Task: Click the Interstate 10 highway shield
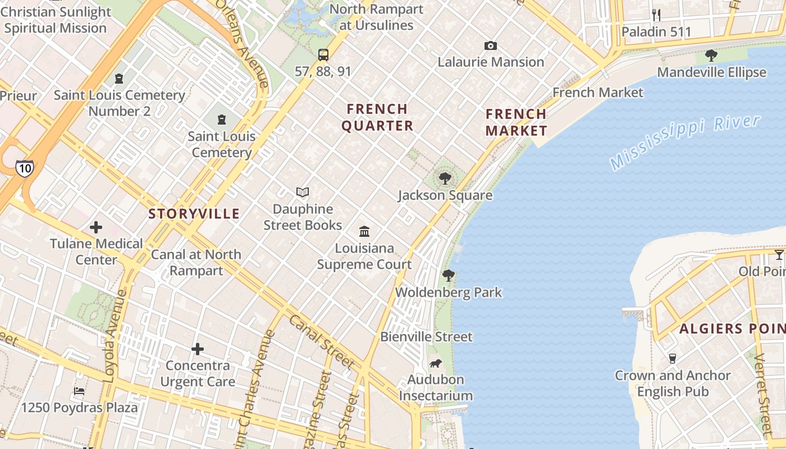pyautogui.click(x=24, y=168)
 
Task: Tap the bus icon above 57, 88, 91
pyautogui.click(x=323, y=54)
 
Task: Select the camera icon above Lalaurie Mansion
pyautogui.click(x=491, y=45)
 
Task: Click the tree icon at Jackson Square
pyautogui.click(x=445, y=178)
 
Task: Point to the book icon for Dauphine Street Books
pyautogui.click(x=303, y=193)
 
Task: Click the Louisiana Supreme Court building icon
pyautogui.click(x=364, y=231)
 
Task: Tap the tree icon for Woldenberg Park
pyautogui.click(x=448, y=275)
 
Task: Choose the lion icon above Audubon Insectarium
pyautogui.click(x=435, y=363)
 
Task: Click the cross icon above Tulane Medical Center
pyautogui.click(x=96, y=227)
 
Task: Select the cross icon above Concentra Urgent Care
pyautogui.click(x=198, y=349)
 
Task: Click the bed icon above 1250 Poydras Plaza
pyautogui.click(x=79, y=391)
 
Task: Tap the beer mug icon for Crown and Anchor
pyautogui.click(x=672, y=359)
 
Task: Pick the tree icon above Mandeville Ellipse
pyautogui.click(x=711, y=55)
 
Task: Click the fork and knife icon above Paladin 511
pyautogui.click(x=656, y=15)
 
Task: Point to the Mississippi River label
pyautogui.click(x=685, y=141)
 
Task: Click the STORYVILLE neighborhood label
pyautogui.click(x=194, y=214)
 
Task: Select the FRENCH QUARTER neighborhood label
pyautogui.click(x=377, y=117)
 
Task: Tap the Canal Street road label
pyautogui.click(x=322, y=342)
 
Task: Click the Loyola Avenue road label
pyautogui.click(x=116, y=337)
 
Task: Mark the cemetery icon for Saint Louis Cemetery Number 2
pyautogui.click(x=119, y=79)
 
